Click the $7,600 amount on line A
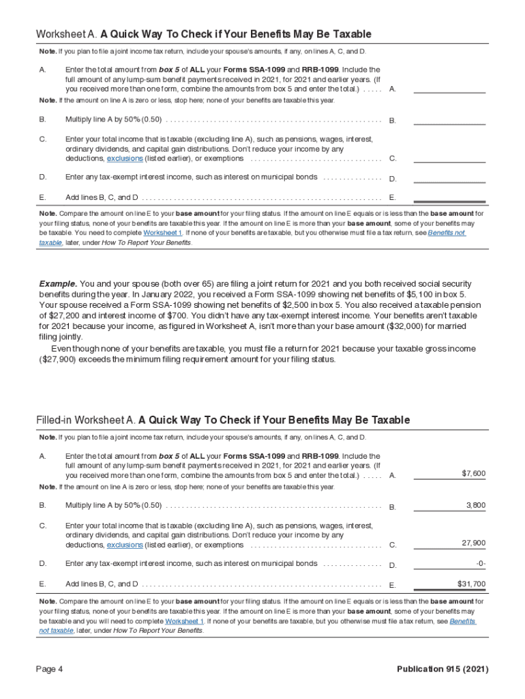473,473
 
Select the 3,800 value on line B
475,505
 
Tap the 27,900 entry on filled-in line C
473,543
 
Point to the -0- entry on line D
480,563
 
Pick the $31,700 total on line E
471,584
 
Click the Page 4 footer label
50,669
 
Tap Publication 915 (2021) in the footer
442,669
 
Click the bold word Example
58,283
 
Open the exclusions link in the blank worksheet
125,158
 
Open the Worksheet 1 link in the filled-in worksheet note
184,622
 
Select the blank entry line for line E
449,197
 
